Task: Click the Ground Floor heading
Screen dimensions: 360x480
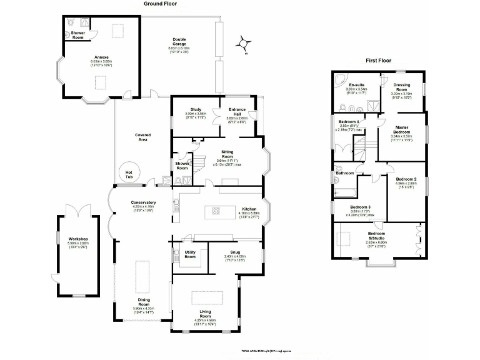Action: pos(160,4)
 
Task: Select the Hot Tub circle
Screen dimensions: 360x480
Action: pos(129,174)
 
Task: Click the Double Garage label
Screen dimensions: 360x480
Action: pos(179,41)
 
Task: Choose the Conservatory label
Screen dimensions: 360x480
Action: pos(143,202)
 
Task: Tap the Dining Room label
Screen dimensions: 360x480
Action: pos(144,302)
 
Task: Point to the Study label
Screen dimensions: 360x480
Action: pos(196,109)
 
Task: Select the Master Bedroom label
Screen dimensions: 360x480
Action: pos(401,130)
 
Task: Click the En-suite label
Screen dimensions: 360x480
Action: pos(357,84)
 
